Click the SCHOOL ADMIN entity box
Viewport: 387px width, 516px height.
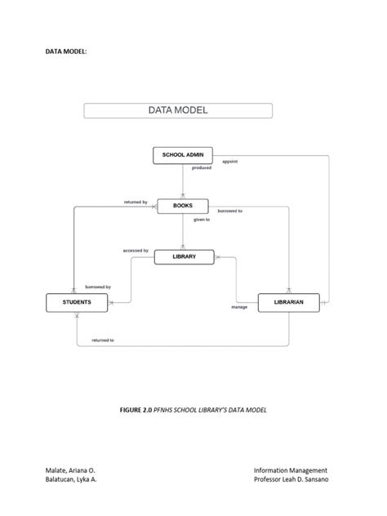tap(183, 154)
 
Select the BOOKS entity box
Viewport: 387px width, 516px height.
tap(183, 206)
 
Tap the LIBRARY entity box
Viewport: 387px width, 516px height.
tap(184, 257)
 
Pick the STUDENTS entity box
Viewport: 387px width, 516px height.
tap(77, 303)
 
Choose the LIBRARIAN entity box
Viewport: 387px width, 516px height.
tap(289, 303)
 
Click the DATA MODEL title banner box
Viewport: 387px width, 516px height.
tap(178, 110)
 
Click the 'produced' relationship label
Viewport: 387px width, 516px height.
tap(201, 168)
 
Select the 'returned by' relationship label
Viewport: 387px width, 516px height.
tap(136, 202)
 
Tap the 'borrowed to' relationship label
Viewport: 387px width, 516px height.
tap(229, 211)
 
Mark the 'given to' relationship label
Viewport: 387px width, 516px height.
tap(201, 220)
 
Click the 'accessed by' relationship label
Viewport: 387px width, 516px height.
tap(136, 251)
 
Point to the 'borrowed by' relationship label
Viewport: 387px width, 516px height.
tap(97, 287)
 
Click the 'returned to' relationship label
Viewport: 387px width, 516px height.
tap(103, 340)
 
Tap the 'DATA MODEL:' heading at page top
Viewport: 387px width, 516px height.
tap(65, 51)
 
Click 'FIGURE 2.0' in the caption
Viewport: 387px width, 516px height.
tap(137, 409)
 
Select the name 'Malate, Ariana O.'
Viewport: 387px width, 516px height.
tap(70, 470)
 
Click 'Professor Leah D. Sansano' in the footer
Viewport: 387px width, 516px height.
tap(291, 480)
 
